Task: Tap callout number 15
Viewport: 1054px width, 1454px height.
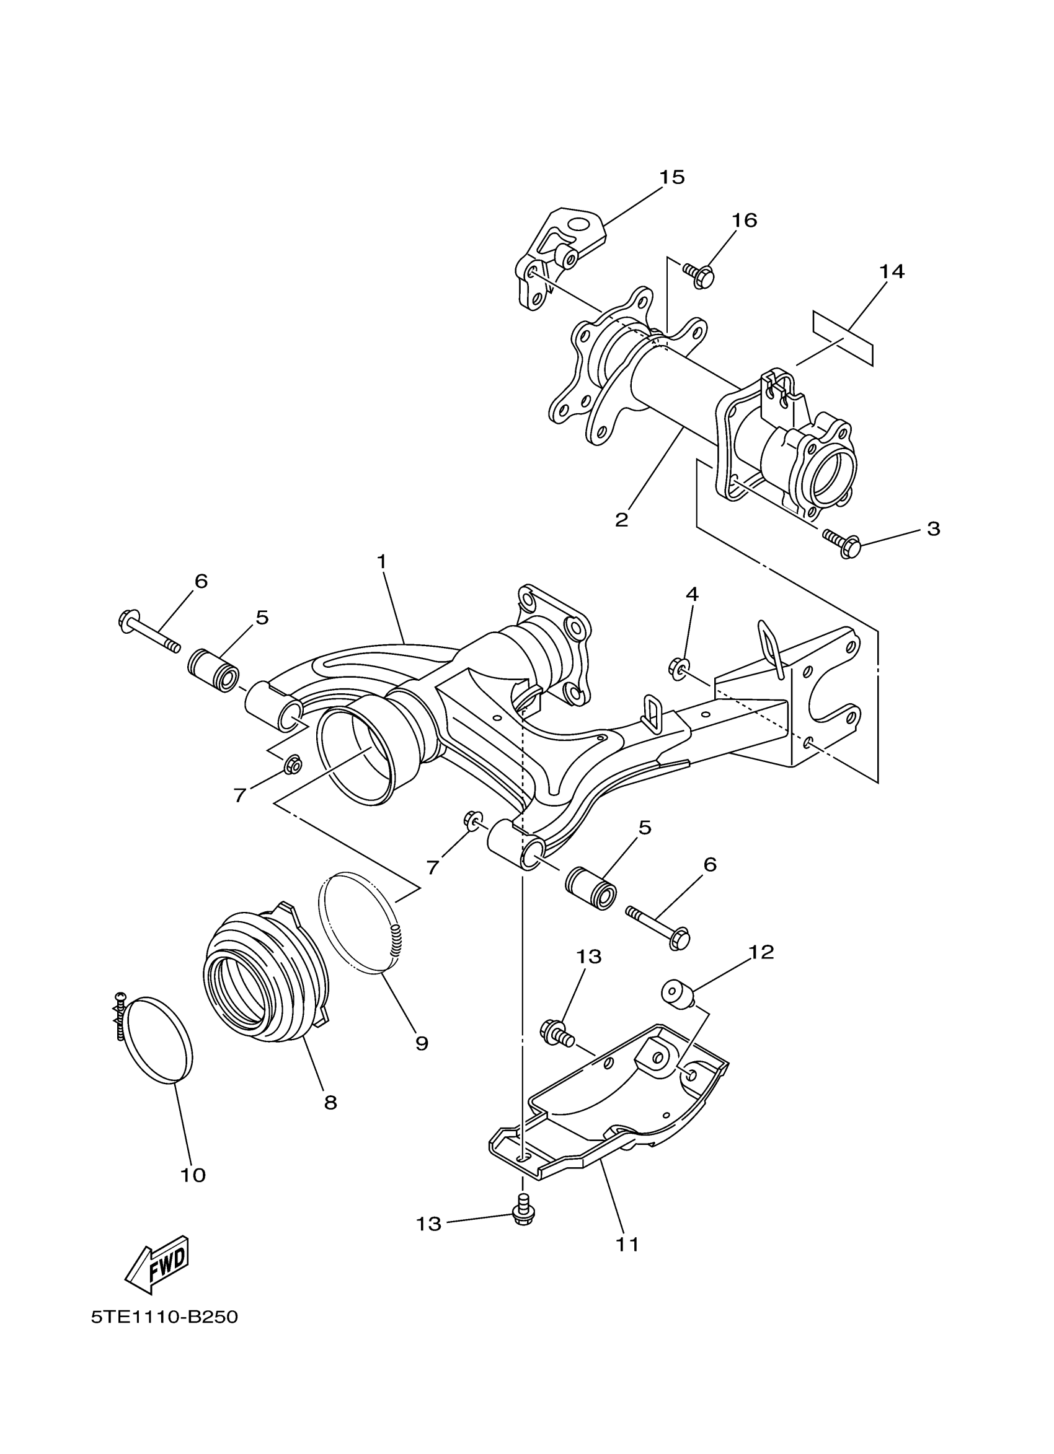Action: pyautogui.click(x=671, y=177)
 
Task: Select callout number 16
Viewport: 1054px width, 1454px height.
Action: pyautogui.click(x=744, y=221)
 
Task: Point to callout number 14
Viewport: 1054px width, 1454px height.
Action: pyautogui.click(x=891, y=272)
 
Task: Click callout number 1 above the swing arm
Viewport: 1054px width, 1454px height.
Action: pyautogui.click(x=382, y=562)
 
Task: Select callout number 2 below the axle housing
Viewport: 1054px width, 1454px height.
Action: pyautogui.click(x=621, y=519)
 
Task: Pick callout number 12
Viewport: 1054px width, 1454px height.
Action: pyautogui.click(x=761, y=953)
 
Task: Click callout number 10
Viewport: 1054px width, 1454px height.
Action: pyautogui.click(x=192, y=1175)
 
